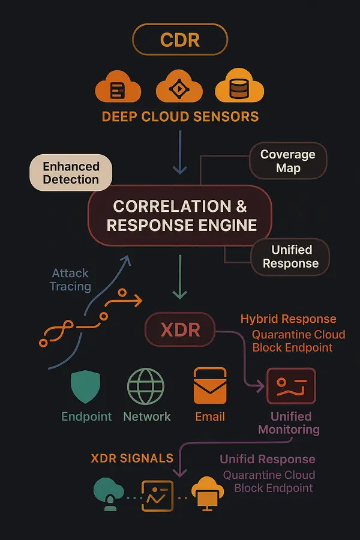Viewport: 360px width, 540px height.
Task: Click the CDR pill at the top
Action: pyautogui.click(x=180, y=41)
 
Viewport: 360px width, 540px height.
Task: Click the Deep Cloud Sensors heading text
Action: pyautogui.click(x=180, y=116)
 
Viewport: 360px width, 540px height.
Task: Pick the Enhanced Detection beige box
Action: pyautogui.click(x=70, y=172)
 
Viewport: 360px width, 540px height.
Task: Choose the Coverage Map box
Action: pyautogui.click(x=287, y=161)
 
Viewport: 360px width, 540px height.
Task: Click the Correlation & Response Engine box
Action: pyautogui.click(x=180, y=216)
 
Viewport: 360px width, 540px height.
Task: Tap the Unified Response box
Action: pyautogui.click(x=290, y=257)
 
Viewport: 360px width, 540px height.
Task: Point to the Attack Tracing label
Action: pyautogui.click(x=71, y=280)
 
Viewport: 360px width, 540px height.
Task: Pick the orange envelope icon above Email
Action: pyautogui.click(x=210, y=386)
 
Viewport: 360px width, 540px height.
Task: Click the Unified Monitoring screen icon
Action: pyautogui.click(x=290, y=386)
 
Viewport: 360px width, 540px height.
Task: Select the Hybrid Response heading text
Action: pyautogui.click(x=288, y=319)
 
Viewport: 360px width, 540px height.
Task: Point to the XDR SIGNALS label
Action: pyautogui.click(x=132, y=458)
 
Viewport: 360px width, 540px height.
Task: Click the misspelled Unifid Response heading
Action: pyautogui.click(x=267, y=460)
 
